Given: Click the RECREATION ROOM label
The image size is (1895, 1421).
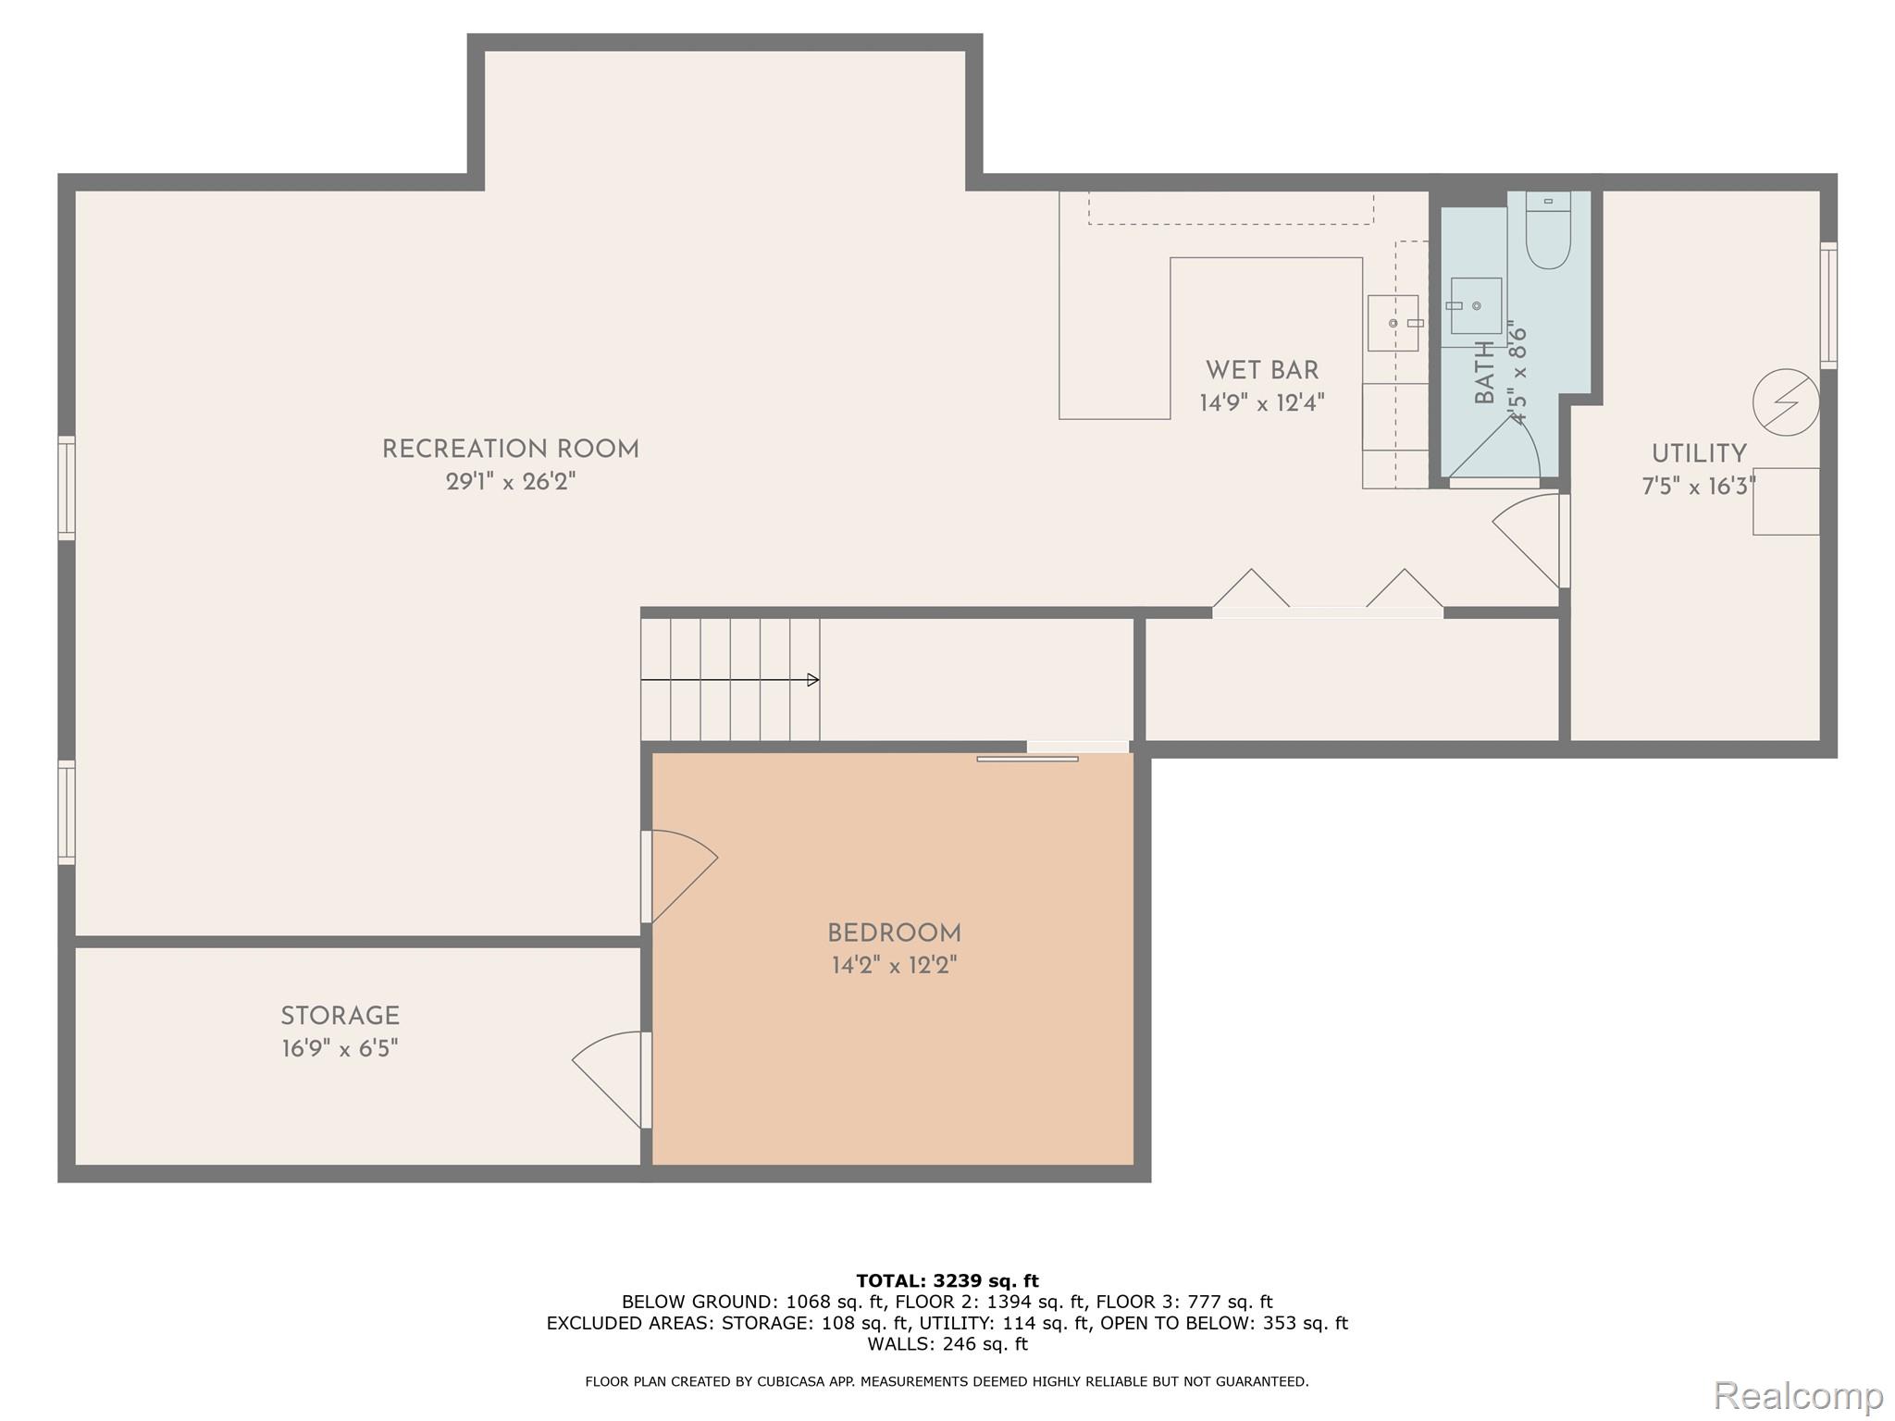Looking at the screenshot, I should tap(510, 450).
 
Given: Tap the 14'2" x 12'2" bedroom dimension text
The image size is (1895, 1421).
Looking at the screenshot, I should tap(894, 966).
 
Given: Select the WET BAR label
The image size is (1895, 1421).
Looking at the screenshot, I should tap(1261, 370).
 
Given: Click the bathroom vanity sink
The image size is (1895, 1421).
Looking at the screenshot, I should tap(1476, 306).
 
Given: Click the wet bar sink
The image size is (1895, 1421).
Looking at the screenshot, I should tap(1393, 323).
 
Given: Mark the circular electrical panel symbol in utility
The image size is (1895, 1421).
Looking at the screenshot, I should tap(1786, 402).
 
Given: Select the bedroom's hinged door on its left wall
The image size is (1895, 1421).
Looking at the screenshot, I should tap(680, 874).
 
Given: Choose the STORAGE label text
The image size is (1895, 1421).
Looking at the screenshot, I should tap(340, 1016).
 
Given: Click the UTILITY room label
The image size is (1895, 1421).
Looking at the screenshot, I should tap(1699, 454).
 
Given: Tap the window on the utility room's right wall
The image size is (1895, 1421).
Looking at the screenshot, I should tap(1828, 305).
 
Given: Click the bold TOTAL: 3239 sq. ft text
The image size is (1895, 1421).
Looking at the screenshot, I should tap(947, 1280).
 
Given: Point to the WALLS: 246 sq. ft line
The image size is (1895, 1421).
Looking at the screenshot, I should tap(947, 1343).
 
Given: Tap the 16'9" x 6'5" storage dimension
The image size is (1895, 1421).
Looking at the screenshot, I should tap(340, 1048).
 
